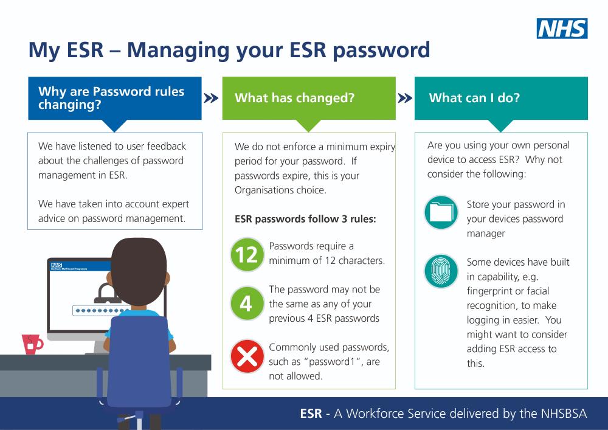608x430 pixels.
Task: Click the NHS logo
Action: (562, 29)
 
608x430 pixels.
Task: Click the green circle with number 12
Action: (247, 254)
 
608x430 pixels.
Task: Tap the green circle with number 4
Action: (247, 303)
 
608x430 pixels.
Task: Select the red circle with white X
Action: (247, 355)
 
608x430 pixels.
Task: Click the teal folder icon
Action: (441, 212)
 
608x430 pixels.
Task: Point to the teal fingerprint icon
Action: (441, 271)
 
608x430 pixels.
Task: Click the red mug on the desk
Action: (30, 344)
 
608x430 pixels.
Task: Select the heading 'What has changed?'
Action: (294, 98)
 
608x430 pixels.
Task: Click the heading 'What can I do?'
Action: (474, 98)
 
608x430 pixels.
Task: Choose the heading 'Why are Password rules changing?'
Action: (111, 98)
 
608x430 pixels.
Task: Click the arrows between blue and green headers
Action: (211, 99)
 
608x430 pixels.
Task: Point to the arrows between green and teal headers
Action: (404, 99)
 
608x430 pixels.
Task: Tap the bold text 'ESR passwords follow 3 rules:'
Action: (305, 220)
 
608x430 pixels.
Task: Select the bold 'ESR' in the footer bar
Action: (311, 414)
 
